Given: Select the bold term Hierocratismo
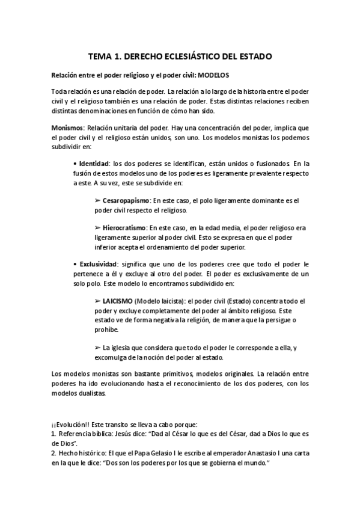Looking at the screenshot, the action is [x=124, y=228].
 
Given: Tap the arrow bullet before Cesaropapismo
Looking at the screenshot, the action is [x=98, y=200].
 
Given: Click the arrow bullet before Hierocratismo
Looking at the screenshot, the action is [x=98, y=228].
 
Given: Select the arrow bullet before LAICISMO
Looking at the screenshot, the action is [x=98, y=300].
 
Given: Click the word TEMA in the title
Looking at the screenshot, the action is [x=100, y=57].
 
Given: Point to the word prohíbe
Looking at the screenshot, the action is [x=106, y=329].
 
